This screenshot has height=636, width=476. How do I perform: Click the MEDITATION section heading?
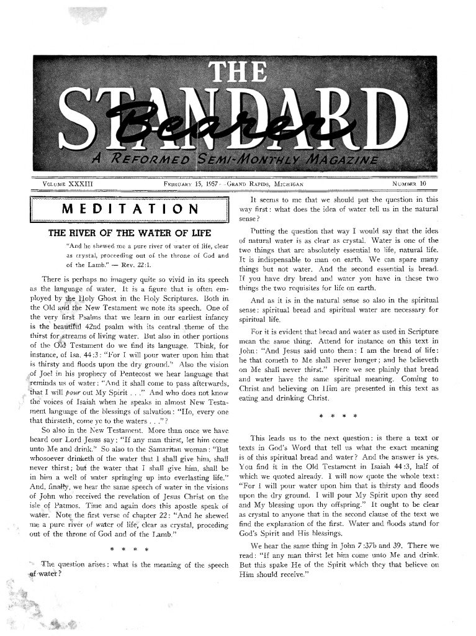(130, 209)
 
